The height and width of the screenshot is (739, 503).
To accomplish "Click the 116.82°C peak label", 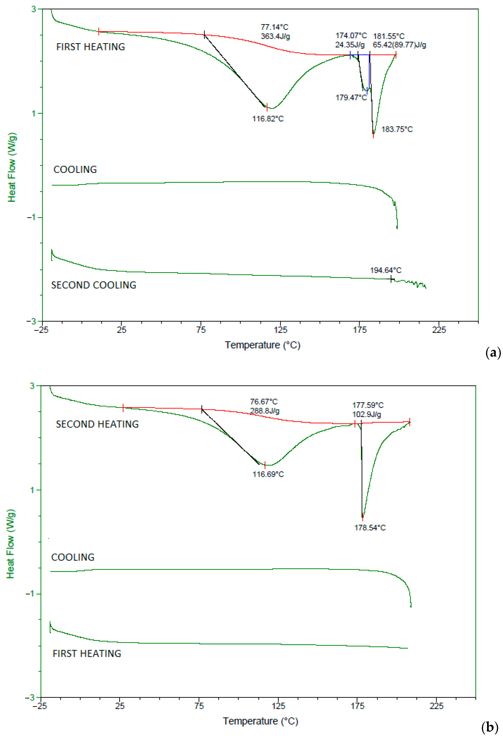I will click(x=268, y=119).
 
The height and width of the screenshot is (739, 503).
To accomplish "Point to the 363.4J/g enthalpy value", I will click(x=275, y=36).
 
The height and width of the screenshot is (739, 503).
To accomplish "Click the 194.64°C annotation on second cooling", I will click(x=385, y=270).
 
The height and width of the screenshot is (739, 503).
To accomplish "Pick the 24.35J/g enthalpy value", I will click(x=350, y=45).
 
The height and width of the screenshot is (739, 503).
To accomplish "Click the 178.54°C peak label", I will click(x=370, y=528).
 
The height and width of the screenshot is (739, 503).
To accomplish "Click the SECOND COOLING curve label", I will click(x=94, y=285).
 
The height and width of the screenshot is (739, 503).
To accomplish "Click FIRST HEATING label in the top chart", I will click(x=90, y=47).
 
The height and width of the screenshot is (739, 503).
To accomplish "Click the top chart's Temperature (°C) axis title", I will click(x=262, y=345).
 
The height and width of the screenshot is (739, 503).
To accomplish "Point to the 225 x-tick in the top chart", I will click(x=439, y=330).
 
